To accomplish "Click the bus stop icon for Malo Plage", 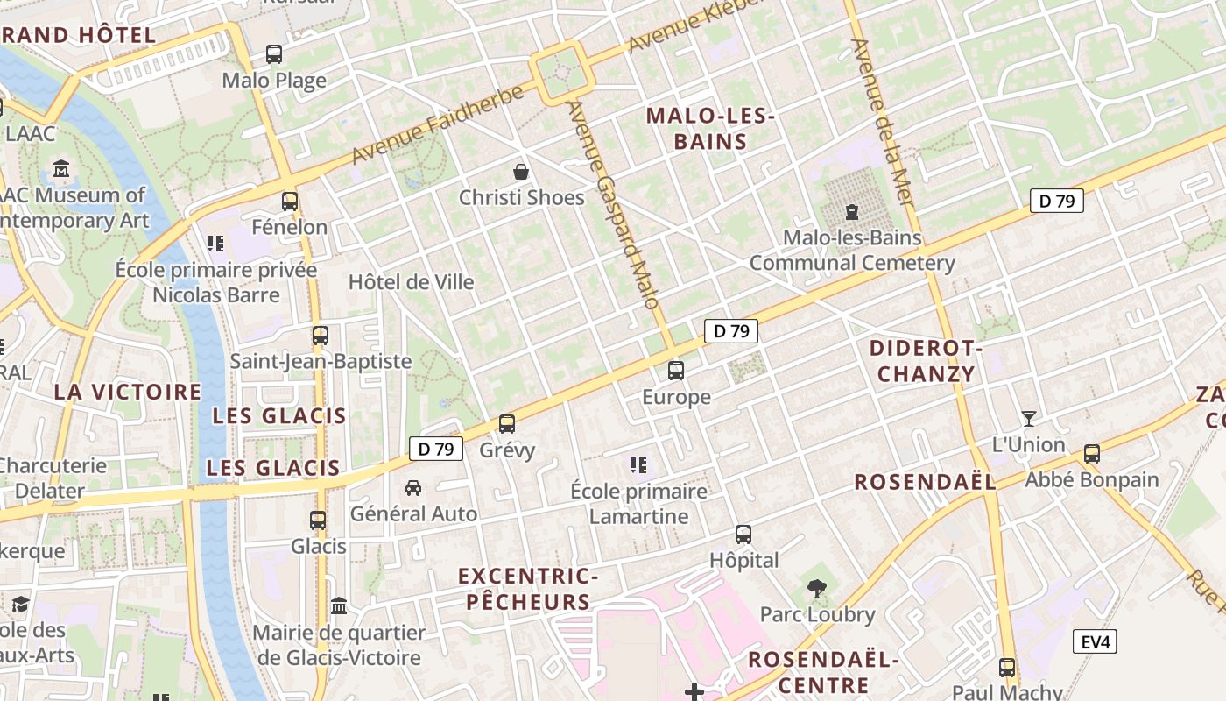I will [274, 54].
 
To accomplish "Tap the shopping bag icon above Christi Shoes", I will [521, 171].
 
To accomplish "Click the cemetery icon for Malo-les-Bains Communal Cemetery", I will [851, 211].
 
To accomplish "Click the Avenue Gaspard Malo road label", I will [612, 205].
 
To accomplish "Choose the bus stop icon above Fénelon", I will [290, 201].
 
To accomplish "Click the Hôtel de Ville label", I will [411, 282].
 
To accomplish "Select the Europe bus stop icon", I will [676, 371].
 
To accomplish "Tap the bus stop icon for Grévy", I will [506, 424].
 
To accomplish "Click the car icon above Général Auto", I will [413, 487].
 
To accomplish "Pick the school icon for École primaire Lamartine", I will [638, 464].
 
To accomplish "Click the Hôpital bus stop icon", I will [743, 534].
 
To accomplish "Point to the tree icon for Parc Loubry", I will [817, 588].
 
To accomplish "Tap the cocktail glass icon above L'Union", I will [1028, 419].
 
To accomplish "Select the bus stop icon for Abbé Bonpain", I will [1091, 454].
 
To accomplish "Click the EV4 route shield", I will [1095, 641].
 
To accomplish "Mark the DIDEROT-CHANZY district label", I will [926, 361].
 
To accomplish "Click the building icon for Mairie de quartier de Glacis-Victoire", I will [339, 605].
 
